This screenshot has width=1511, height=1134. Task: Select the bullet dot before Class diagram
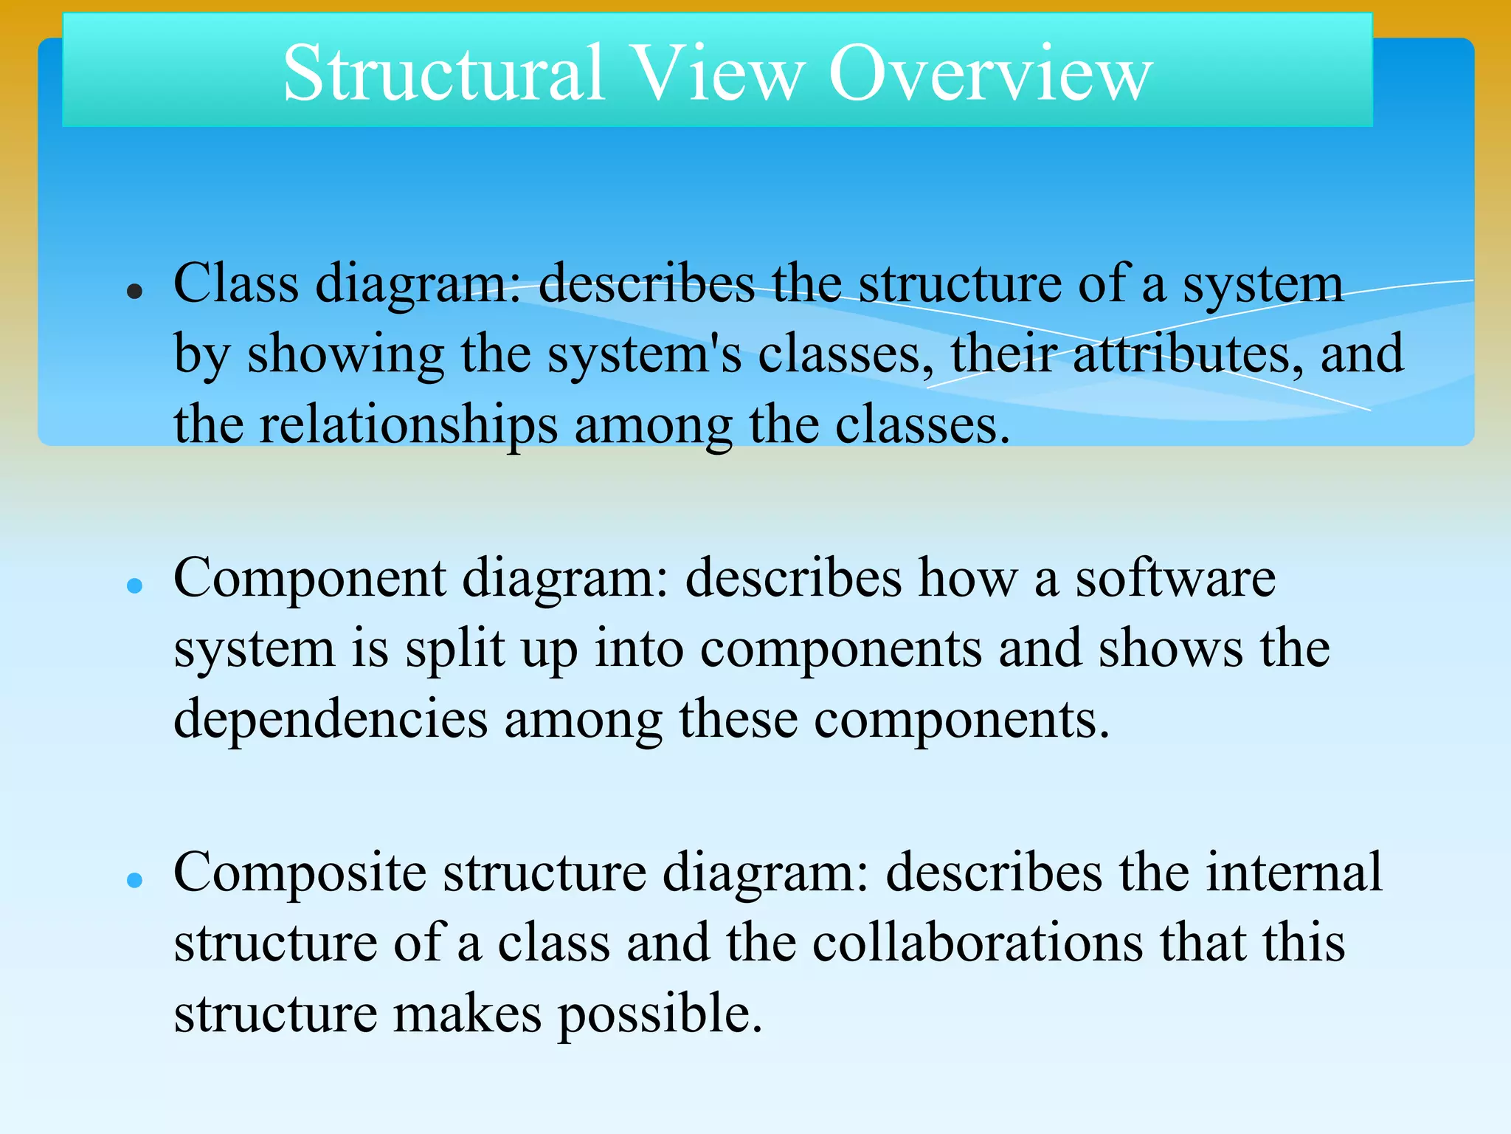click(x=134, y=292)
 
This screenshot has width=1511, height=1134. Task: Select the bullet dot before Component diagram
click(x=134, y=586)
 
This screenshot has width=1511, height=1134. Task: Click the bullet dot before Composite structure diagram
click(x=134, y=880)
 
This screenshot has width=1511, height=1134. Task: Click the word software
click(x=1175, y=578)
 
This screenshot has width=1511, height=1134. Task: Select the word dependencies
click(x=331, y=719)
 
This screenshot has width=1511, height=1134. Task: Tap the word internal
click(x=1293, y=873)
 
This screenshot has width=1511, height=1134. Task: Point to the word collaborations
click(x=977, y=944)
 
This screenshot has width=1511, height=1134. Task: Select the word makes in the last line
click(x=467, y=1014)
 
